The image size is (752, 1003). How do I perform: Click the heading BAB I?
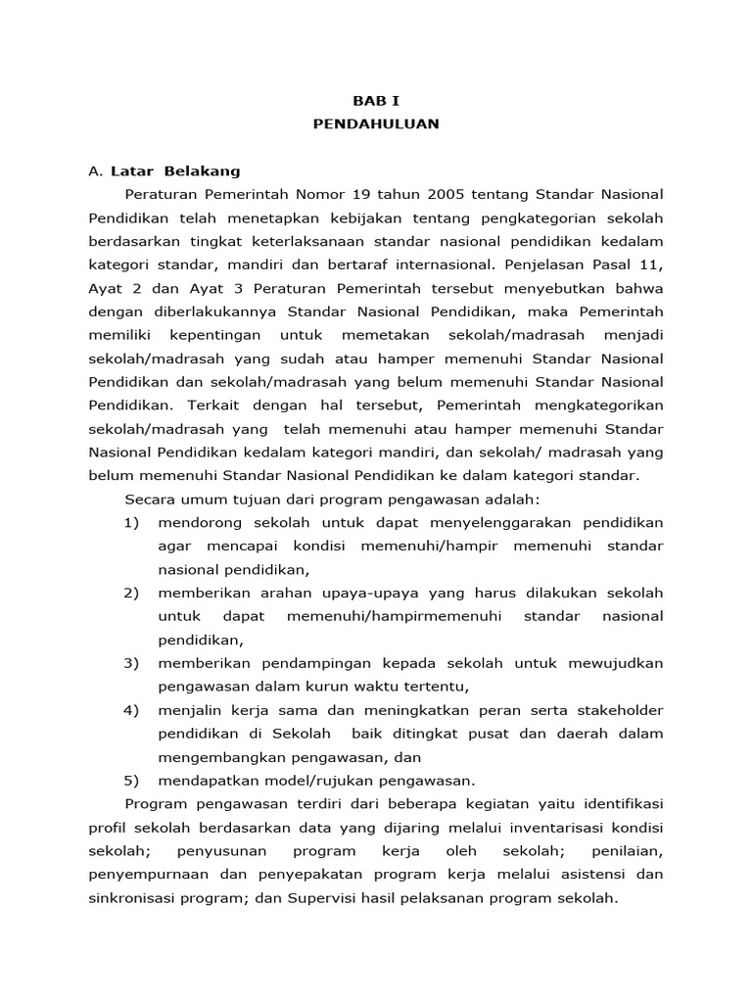tap(376, 100)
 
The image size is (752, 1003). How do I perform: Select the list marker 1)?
tap(132, 522)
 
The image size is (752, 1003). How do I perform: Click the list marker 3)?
tap(132, 663)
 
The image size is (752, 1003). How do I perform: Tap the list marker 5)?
tap(132, 781)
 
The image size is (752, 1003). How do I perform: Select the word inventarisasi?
tap(538, 828)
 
